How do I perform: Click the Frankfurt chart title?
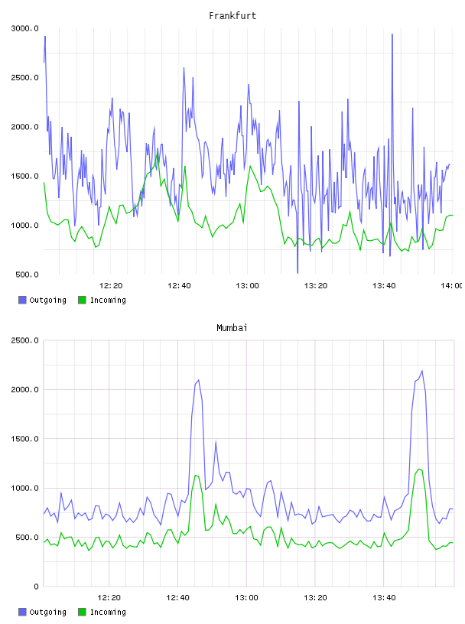(x=232, y=16)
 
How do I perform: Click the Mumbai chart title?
(x=232, y=328)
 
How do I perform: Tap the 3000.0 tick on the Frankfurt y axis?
(x=24, y=28)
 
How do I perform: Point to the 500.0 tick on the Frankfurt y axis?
(x=27, y=275)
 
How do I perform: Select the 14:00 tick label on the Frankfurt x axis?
(x=452, y=286)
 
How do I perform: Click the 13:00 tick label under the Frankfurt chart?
(x=247, y=286)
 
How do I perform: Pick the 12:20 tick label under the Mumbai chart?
(x=109, y=598)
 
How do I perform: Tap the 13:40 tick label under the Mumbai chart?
(x=384, y=598)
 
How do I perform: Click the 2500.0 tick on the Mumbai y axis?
(x=24, y=340)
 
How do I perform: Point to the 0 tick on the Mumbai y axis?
(x=36, y=587)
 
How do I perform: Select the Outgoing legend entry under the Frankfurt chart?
(x=42, y=300)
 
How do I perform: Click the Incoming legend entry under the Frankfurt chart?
(x=102, y=300)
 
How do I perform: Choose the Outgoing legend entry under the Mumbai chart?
(x=42, y=612)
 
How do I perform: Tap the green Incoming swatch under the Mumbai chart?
(x=82, y=612)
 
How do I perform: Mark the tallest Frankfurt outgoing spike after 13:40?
(x=392, y=34)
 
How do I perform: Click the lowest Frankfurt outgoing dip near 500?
(x=298, y=273)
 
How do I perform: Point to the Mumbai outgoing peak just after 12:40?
(x=198, y=380)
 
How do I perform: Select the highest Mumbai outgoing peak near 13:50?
(x=422, y=371)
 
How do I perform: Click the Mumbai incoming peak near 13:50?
(x=419, y=470)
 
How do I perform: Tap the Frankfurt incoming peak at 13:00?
(x=250, y=166)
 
